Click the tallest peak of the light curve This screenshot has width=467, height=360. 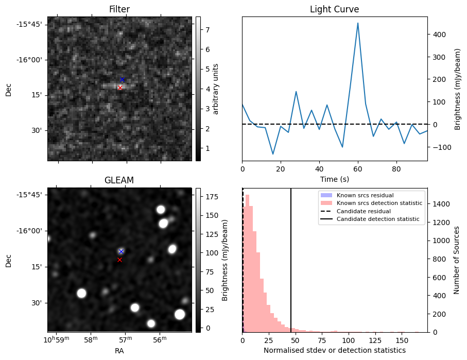coord(358,23)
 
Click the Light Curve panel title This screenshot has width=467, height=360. coord(334,9)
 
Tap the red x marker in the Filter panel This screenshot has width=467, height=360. coord(120,88)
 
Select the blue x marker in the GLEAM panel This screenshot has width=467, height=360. coord(121,251)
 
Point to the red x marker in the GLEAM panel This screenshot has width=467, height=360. coord(119,260)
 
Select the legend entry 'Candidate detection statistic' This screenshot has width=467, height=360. coord(378,220)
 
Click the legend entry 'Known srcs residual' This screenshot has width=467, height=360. coord(365,195)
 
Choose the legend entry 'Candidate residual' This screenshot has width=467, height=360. coord(364,212)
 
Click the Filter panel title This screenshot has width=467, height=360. coord(119,9)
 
